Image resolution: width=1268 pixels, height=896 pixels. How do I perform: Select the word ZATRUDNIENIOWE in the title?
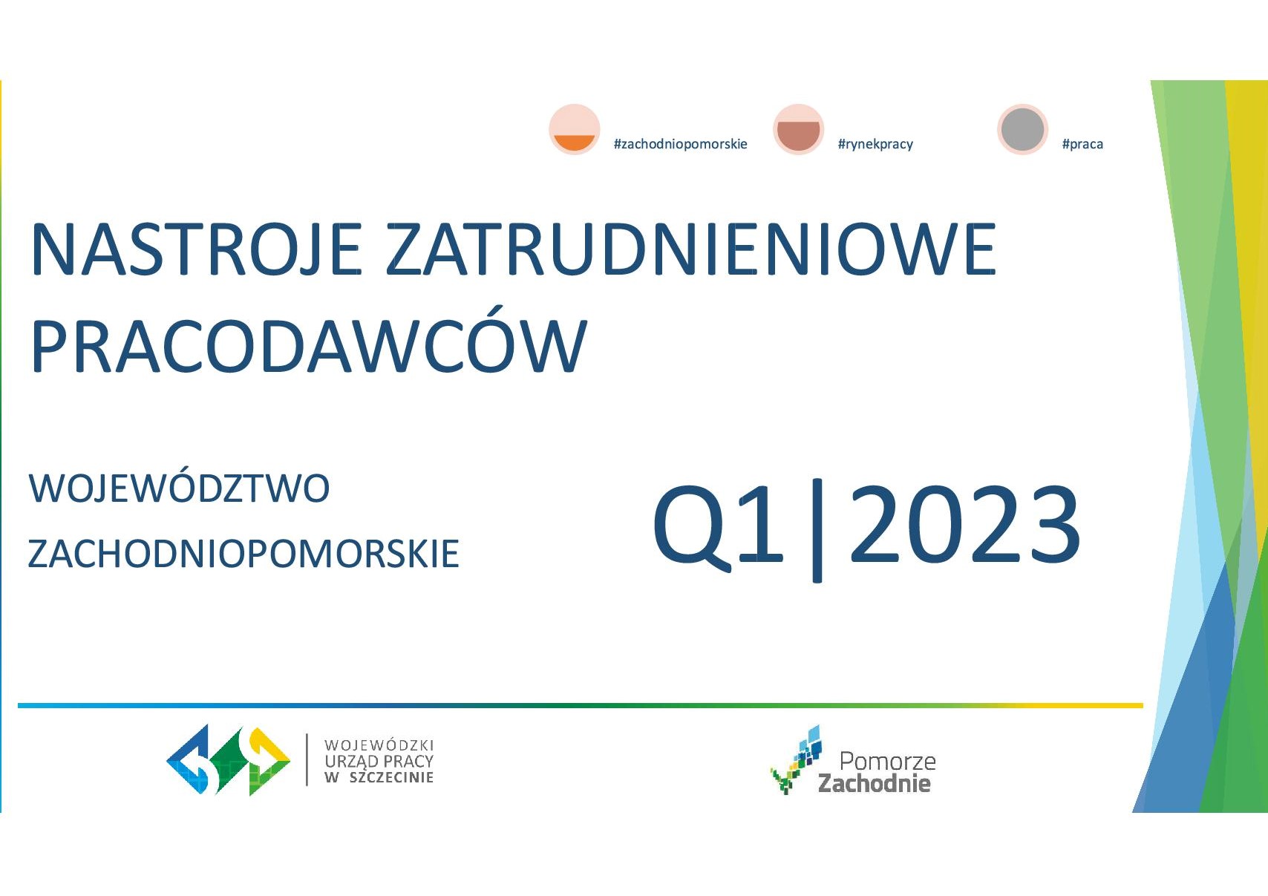pyautogui.click(x=691, y=249)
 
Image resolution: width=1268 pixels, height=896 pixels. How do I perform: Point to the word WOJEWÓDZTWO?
pyautogui.click(x=179, y=488)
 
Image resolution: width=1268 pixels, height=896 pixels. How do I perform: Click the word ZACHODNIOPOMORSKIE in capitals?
pyautogui.click(x=244, y=554)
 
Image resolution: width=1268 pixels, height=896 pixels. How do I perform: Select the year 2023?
pyautogui.click(x=964, y=525)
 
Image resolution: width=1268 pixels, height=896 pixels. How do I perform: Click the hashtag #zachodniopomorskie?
pyautogui.click(x=681, y=144)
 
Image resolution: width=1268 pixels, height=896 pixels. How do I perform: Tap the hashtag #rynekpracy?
pyautogui.click(x=875, y=144)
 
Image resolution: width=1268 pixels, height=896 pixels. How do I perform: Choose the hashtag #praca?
pyautogui.click(x=1082, y=144)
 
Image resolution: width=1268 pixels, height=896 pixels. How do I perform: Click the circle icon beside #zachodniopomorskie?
pyautogui.click(x=574, y=129)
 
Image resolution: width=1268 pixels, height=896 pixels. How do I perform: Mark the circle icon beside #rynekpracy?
pyautogui.click(x=798, y=129)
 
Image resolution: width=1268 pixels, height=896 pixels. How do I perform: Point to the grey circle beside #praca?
pyautogui.click(x=1022, y=129)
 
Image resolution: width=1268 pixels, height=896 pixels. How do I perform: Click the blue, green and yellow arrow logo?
pyautogui.click(x=228, y=760)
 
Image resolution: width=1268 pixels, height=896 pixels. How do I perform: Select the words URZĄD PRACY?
pyautogui.click(x=379, y=761)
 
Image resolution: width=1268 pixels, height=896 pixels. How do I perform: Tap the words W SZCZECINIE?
pyautogui.click(x=379, y=777)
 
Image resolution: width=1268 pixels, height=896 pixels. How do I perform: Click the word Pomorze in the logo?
pyautogui.click(x=888, y=762)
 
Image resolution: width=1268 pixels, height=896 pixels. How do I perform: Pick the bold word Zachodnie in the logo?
pyautogui.click(x=874, y=783)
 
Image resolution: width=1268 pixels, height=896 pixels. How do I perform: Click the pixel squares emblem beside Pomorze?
pyautogui.click(x=796, y=759)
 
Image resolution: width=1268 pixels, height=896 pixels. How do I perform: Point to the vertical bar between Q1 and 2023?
pyautogui.click(x=817, y=530)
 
